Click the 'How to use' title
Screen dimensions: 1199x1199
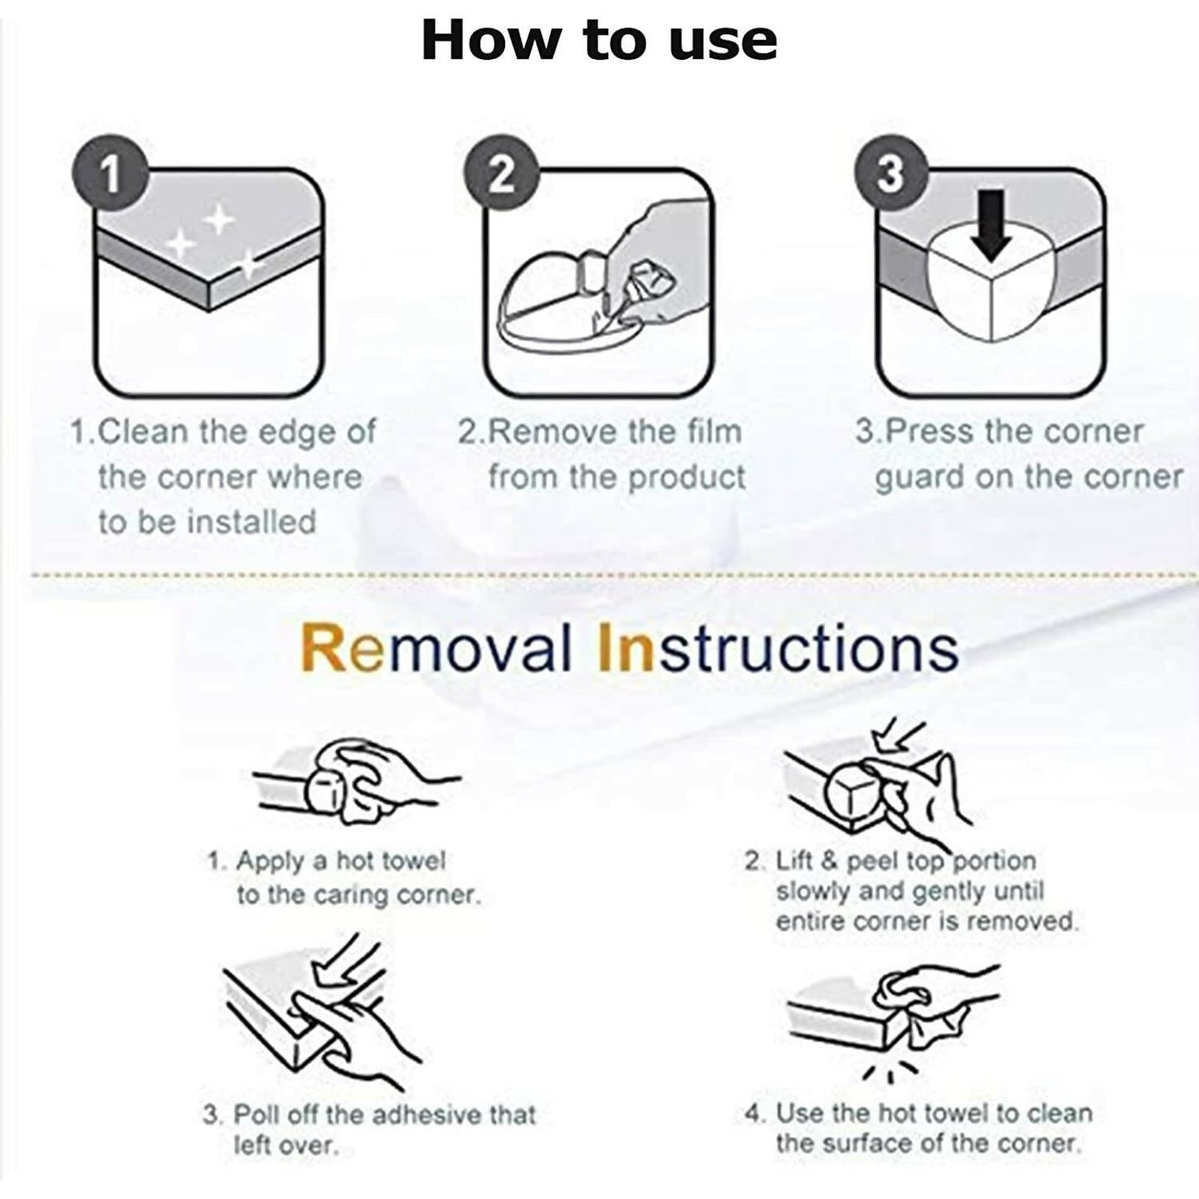point(598,41)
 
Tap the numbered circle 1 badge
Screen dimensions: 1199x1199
point(110,173)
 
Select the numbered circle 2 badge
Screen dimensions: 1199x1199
point(501,174)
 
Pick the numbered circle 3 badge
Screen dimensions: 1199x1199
point(892,173)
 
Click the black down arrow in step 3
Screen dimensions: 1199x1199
point(992,225)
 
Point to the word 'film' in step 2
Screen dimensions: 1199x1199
point(714,431)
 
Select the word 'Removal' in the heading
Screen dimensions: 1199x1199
point(436,648)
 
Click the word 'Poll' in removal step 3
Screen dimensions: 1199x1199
point(255,1114)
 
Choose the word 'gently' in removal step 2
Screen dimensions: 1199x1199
point(945,892)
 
